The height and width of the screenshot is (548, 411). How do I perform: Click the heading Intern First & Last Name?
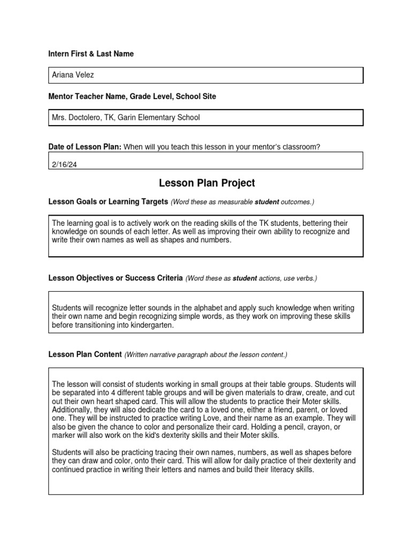click(91, 54)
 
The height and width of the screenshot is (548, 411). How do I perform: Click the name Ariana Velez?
click(73, 75)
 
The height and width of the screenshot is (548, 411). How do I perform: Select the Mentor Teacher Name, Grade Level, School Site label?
click(132, 96)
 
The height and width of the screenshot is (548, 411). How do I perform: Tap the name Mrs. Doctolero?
click(77, 117)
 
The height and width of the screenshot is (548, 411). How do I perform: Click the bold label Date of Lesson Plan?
click(85, 147)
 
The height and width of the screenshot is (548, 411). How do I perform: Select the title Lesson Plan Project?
click(207, 183)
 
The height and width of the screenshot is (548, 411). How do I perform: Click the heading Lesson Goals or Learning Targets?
click(108, 201)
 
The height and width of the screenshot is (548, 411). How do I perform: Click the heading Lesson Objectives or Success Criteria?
click(116, 278)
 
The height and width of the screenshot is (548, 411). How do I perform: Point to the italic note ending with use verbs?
click(251, 278)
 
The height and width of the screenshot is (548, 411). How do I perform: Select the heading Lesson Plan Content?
click(85, 354)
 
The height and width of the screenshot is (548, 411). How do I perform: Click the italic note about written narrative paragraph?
click(205, 355)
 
